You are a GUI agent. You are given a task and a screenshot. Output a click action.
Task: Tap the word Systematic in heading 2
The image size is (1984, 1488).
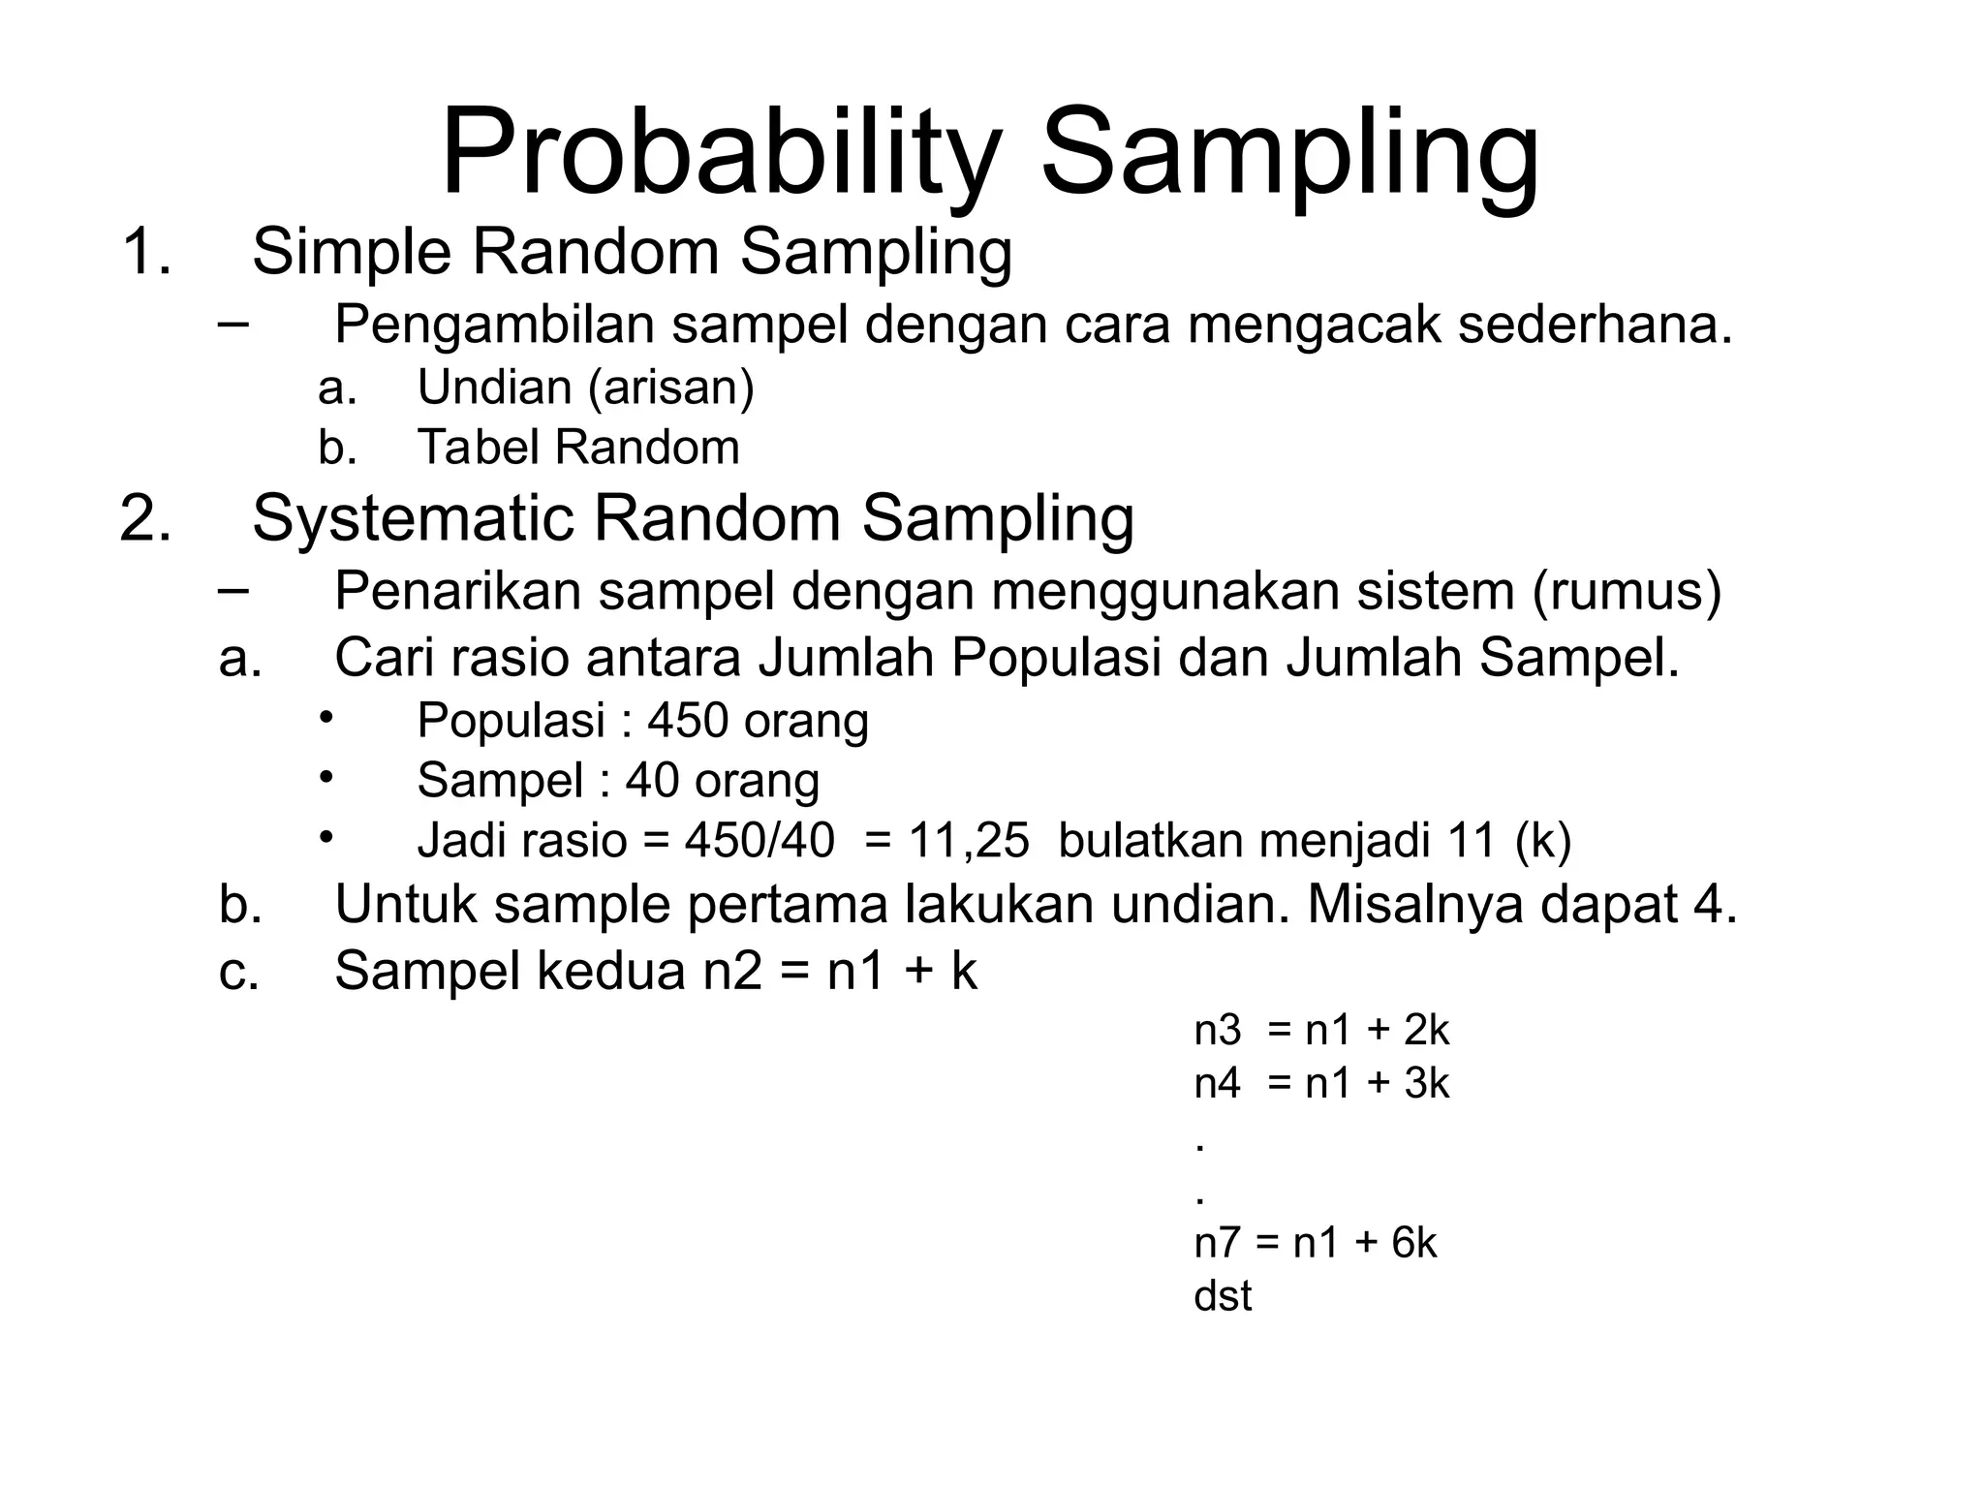(411, 518)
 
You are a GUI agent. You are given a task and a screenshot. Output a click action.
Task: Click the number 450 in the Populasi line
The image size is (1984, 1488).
(688, 721)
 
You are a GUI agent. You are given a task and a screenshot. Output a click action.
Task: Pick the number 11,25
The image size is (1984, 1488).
(968, 840)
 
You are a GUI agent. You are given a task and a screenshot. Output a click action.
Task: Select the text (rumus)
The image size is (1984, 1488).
(1627, 591)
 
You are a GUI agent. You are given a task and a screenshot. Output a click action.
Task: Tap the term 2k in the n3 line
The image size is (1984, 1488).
(1426, 1031)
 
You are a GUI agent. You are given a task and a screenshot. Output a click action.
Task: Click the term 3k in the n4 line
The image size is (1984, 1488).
(1426, 1083)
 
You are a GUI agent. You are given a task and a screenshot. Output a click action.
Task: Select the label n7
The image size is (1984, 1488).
(1217, 1242)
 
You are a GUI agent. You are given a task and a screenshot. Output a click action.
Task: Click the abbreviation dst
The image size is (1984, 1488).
(1223, 1296)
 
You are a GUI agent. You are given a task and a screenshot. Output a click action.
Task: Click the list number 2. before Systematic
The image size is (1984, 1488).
(145, 518)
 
